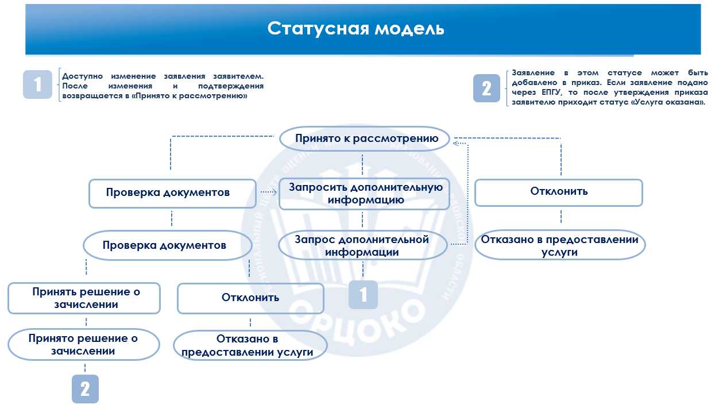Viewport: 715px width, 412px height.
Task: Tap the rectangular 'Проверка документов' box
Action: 172,193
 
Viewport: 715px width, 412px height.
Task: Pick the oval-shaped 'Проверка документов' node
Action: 167,246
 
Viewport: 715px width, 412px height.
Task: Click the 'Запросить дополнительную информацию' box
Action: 364,194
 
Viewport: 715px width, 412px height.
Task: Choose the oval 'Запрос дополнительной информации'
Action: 363,246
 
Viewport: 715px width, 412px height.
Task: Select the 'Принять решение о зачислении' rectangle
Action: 84,298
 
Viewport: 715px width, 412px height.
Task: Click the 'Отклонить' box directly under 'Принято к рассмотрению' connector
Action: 558,192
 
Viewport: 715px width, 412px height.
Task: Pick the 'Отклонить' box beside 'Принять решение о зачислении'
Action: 250,298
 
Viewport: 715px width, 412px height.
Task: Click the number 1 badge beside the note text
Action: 38,85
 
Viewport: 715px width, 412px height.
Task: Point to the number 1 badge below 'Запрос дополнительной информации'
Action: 363,295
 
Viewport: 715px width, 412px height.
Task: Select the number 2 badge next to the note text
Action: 487,88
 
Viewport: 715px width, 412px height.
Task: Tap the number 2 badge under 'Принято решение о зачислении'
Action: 85,389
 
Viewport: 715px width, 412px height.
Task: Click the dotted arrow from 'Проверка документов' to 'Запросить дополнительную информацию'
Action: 267,192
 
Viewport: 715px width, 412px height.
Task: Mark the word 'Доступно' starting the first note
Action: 82,76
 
